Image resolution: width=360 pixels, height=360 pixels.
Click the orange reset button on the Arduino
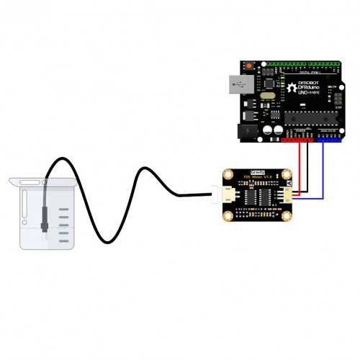(249, 67)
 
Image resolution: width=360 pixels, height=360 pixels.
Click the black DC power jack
(247, 130)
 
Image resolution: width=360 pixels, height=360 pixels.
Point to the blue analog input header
(330, 140)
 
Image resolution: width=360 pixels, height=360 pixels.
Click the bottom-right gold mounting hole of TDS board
(286, 214)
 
